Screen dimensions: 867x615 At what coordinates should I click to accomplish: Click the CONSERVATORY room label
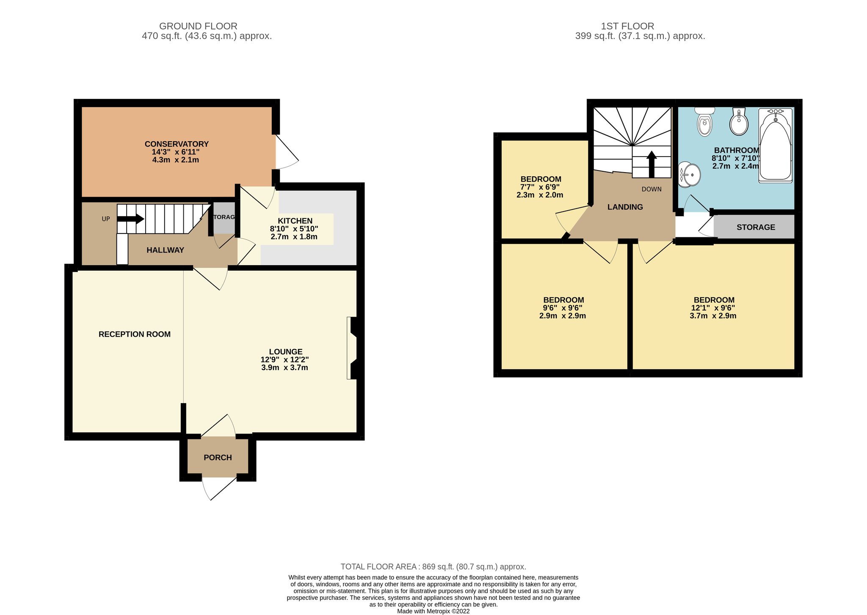point(177,144)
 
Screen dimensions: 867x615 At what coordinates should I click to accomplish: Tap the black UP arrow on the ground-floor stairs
point(130,219)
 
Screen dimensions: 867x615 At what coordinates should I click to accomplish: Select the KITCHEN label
point(295,221)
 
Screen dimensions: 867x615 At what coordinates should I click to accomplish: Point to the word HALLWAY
point(165,250)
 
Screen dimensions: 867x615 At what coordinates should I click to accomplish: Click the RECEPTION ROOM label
point(135,334)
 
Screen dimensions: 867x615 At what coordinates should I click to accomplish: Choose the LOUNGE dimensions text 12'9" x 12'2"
point(284,360)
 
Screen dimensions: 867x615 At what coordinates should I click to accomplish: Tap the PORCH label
point(218,458)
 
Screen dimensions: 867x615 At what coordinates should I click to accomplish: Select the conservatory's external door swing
point(287,152)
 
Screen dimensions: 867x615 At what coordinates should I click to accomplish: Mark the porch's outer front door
point(219,489)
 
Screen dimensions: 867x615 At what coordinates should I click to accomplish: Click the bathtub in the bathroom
point(775,146)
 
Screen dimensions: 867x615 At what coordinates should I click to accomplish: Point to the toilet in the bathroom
point(705,121)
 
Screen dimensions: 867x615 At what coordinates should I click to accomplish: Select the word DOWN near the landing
point(652,189)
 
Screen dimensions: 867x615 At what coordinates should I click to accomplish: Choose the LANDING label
point(625,207)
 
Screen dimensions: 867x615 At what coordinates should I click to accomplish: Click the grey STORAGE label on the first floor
point(756,227)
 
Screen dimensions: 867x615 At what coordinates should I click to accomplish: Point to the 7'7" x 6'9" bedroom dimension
point(540,187)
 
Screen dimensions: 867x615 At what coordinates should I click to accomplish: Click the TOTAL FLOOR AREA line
point(433,567)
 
